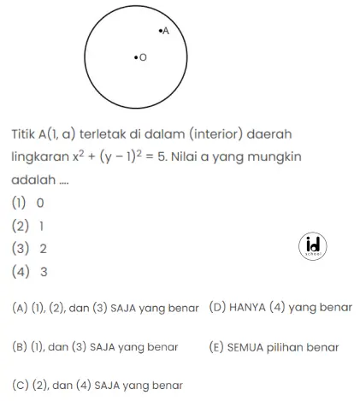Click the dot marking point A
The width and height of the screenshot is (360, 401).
tap(160, 31)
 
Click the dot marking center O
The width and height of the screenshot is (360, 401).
tap(135, 58)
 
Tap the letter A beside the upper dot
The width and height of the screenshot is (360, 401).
tap(166, 31)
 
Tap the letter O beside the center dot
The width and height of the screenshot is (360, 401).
tap(142, 58)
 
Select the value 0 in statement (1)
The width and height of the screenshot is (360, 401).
tap(39, 203)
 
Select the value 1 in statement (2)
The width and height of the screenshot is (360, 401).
tap(41, 227)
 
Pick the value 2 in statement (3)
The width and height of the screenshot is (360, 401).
tap(42, 250)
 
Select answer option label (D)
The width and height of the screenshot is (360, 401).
tap(216, 307)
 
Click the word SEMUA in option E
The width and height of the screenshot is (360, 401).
tap(246, 347)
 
